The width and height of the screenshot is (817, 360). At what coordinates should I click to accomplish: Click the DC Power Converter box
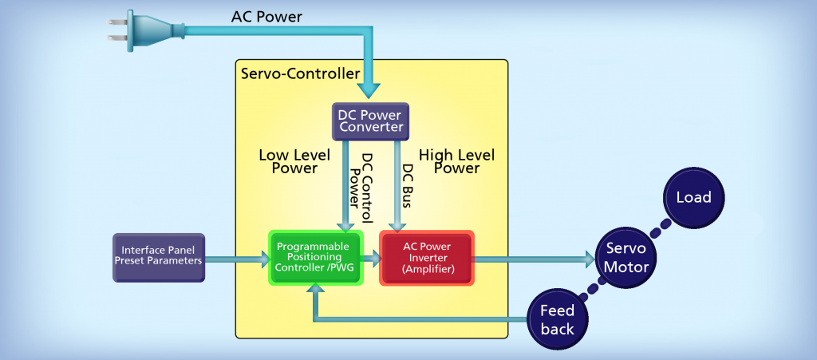369,121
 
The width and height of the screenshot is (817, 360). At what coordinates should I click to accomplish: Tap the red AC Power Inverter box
426,258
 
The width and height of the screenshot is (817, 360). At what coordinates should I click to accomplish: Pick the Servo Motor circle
626,257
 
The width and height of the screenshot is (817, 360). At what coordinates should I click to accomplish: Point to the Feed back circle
557,319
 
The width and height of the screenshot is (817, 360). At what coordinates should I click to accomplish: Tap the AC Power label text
266,16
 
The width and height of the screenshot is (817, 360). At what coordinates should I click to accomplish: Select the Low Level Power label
288,161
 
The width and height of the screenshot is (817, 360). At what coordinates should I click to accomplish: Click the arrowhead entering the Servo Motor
589,258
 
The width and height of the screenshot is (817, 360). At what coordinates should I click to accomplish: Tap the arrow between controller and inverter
371,258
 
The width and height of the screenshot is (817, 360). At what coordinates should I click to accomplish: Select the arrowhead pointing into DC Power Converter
369,93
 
